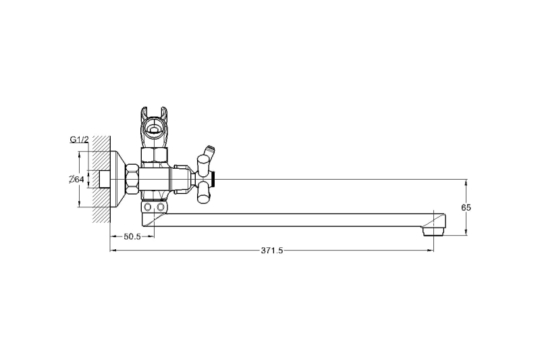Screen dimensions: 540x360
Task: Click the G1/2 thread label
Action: click(79, 139)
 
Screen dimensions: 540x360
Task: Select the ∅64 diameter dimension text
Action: click(76, 180)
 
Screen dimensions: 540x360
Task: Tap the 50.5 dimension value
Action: click(132, 236)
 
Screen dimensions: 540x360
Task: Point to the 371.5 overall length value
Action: click(272, 251)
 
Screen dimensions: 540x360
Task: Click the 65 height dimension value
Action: click(466, 207)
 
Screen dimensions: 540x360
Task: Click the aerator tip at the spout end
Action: click(433, 230)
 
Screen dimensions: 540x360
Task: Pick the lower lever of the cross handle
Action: click(202, 192)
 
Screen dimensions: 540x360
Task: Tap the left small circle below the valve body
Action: click(148, 207)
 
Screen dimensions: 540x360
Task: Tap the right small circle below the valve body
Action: click(160, 207)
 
